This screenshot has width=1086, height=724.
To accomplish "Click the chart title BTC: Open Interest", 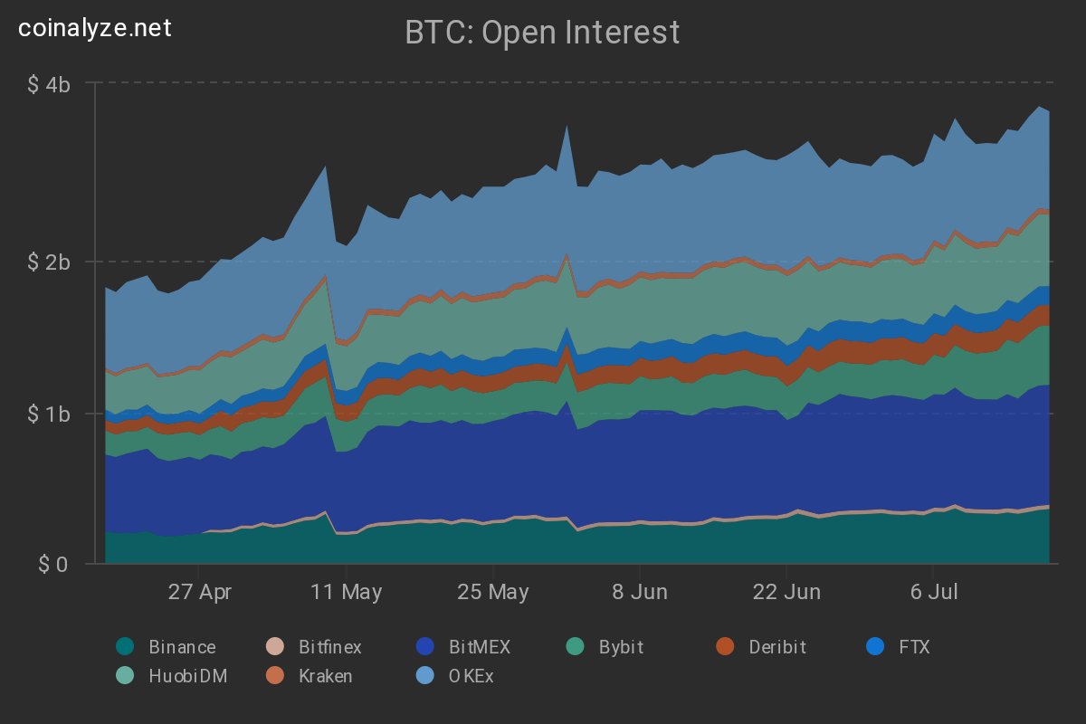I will click(542, 33).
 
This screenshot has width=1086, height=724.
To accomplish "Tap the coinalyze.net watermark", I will click(95, 28).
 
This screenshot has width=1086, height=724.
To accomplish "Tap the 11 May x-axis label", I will click(346, 593).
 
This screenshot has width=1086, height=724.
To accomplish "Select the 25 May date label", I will click(493, 593).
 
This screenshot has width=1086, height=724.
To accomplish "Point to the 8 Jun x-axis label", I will click(640, 593).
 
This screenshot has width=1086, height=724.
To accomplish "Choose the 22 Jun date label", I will click(787, 593).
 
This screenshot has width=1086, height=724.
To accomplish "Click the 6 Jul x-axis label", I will click(935, 593).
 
